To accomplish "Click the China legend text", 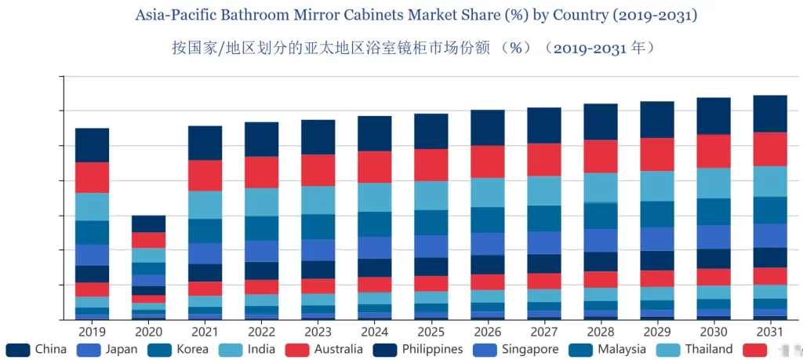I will (x=51, y=349).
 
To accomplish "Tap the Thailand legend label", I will (x=708, y=349).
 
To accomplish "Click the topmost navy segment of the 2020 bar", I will (x=148, y=224).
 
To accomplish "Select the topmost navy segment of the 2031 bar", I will (x=769, y=114).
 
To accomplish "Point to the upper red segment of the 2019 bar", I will (x=92, y=177).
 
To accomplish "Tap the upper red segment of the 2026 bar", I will (x=487, y=162).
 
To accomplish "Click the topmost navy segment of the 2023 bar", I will (x=318, y=136).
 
